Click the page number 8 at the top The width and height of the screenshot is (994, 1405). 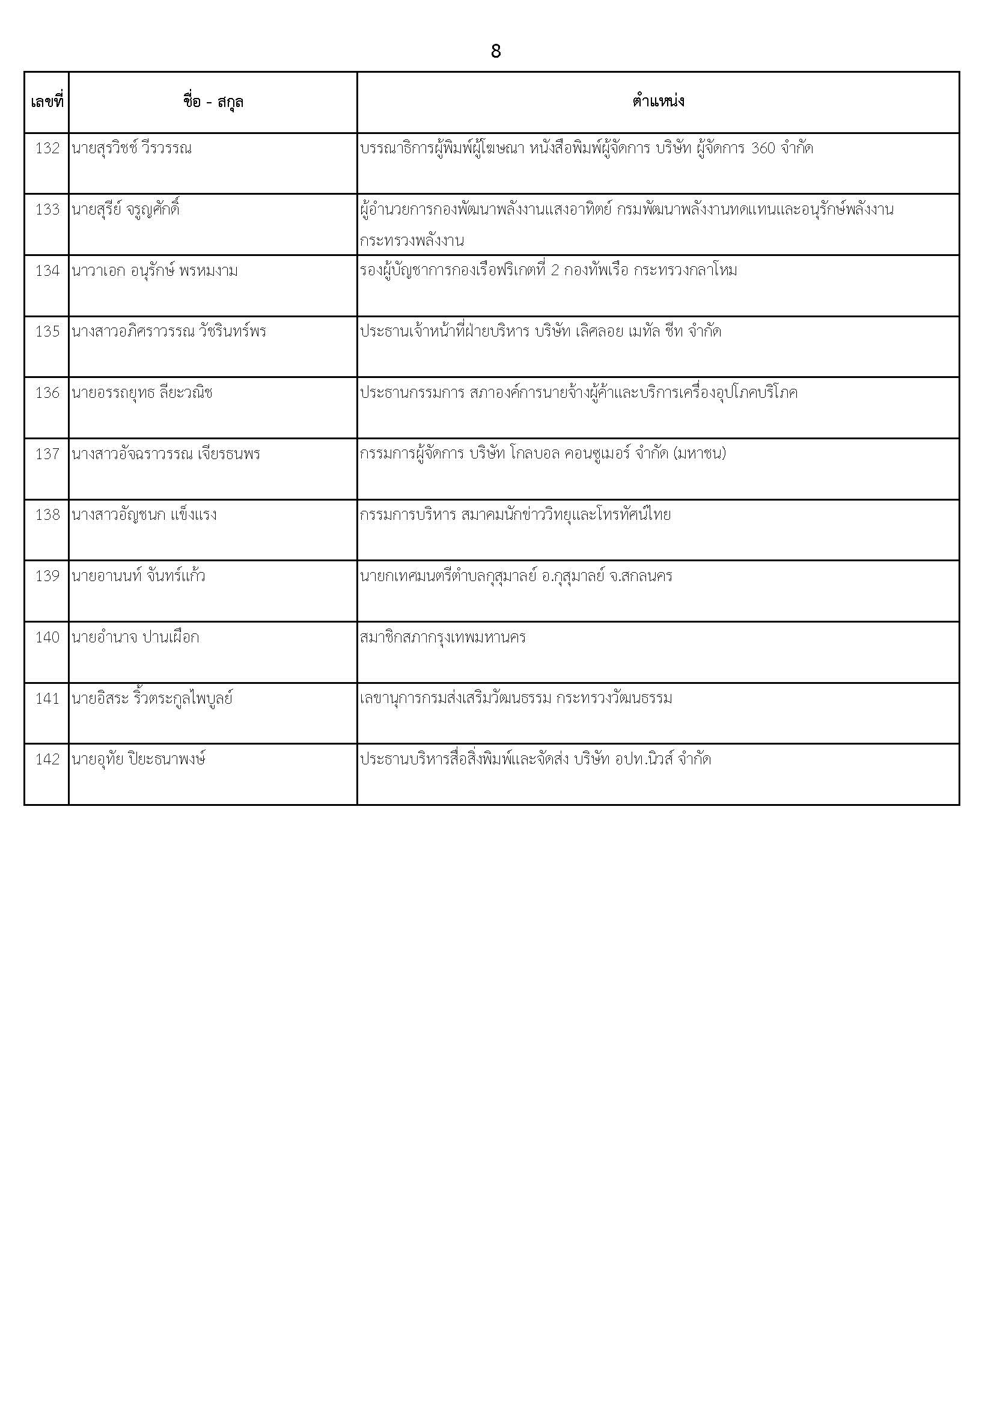point(496,52)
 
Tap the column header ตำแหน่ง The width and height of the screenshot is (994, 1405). point(658,102)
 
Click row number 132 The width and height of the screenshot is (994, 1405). point(47,148)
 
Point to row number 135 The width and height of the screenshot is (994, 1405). point(47,332)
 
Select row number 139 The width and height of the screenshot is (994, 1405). point(47,576)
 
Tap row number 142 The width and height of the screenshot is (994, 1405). point(47,760)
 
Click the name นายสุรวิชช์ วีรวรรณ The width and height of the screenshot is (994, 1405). point(132,148)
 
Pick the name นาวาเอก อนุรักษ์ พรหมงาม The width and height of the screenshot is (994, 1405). point(155,271)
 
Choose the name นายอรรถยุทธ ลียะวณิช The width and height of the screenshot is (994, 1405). point(142,393)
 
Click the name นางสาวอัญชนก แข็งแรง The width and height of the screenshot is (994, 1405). point(144,515)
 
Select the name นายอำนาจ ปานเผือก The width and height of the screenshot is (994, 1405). point(135,638)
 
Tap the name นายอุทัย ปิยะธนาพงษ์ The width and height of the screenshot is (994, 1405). point(138,760)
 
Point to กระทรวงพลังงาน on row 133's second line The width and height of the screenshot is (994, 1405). point(411,240)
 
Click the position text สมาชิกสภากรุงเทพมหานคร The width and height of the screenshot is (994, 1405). point(442,638)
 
